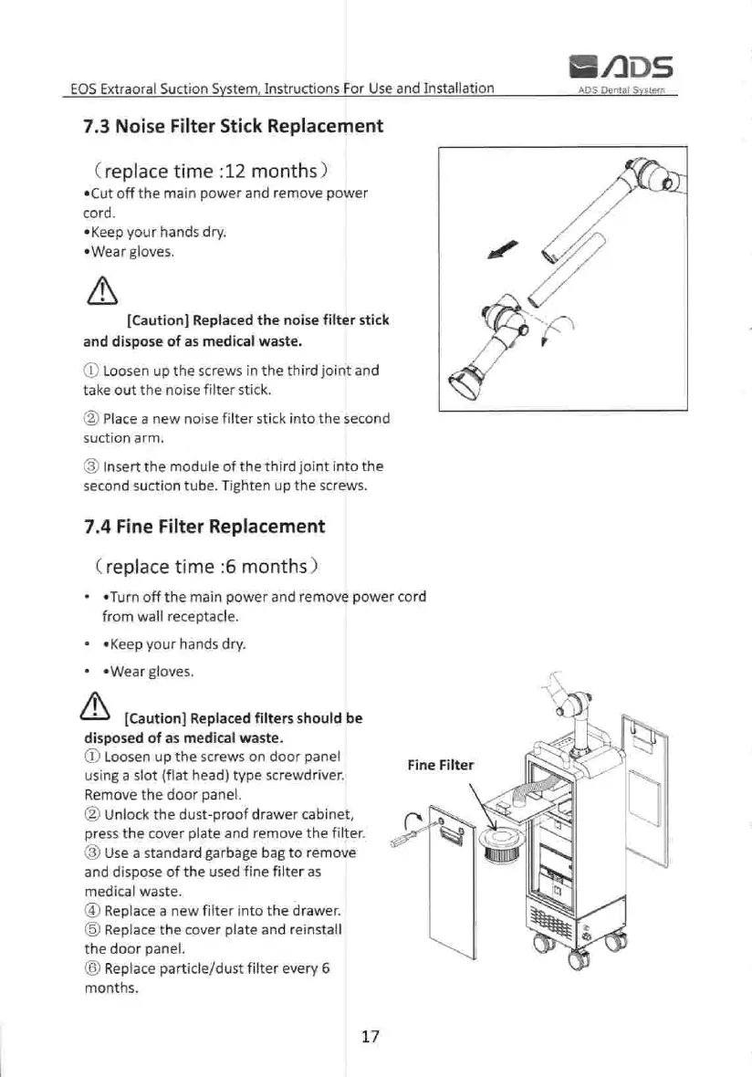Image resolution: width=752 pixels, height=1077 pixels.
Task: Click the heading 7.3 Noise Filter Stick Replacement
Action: point(232,126)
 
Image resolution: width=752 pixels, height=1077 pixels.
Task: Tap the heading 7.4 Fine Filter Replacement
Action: point(204,526)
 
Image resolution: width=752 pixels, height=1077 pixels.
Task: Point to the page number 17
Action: point(370,1036)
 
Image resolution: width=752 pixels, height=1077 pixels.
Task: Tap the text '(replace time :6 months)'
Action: point(205,566)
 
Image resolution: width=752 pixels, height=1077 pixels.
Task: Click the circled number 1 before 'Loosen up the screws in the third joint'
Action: point(89,371)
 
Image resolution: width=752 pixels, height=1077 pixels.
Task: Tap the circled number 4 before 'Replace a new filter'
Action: point(89,910)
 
